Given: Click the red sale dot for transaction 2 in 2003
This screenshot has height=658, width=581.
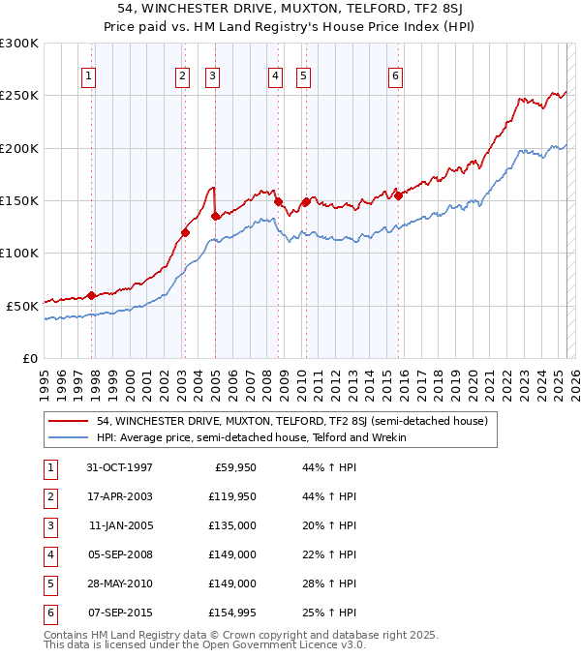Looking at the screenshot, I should pyautogui.click(x=185, y=232).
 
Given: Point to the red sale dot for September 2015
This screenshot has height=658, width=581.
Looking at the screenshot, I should pyautogui.click(x=398, y=195).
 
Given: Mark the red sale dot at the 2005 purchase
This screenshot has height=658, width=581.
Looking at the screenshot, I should pyautogui.click(x=215, y=217).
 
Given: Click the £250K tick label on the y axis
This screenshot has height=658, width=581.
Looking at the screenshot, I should pyautogui.click(x=19, y=96).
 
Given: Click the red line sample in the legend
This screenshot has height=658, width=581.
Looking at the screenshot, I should pyautogui.click(x=69, y=422).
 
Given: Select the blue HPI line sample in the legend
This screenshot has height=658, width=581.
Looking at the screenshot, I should pyautogui.click(x=69, y=437).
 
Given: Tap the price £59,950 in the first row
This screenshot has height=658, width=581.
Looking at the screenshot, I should pyautogui.click(x=232, y=467).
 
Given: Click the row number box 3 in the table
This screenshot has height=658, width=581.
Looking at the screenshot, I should pyautogui.click(x=48, y=525).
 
